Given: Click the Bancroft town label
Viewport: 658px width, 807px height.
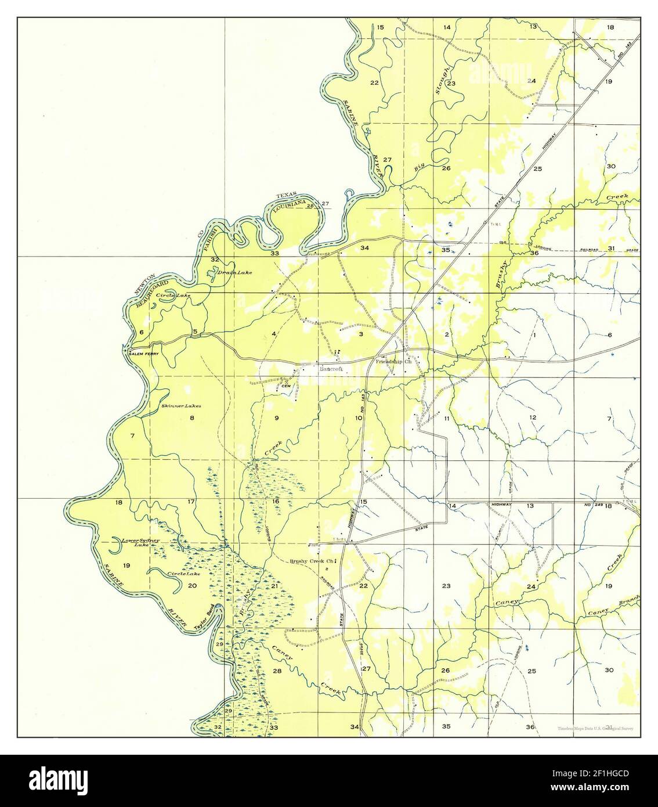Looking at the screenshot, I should tap(331, 369).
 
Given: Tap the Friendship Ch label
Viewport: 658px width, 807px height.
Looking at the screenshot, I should tap(393, 362).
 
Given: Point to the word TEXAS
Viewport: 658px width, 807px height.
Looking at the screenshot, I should tap(286, 194).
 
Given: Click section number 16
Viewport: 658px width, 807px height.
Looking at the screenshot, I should tap(276, 501).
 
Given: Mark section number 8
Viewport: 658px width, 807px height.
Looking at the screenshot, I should tap(191, 418).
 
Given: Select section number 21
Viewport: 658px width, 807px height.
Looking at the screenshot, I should tap(274, 586).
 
